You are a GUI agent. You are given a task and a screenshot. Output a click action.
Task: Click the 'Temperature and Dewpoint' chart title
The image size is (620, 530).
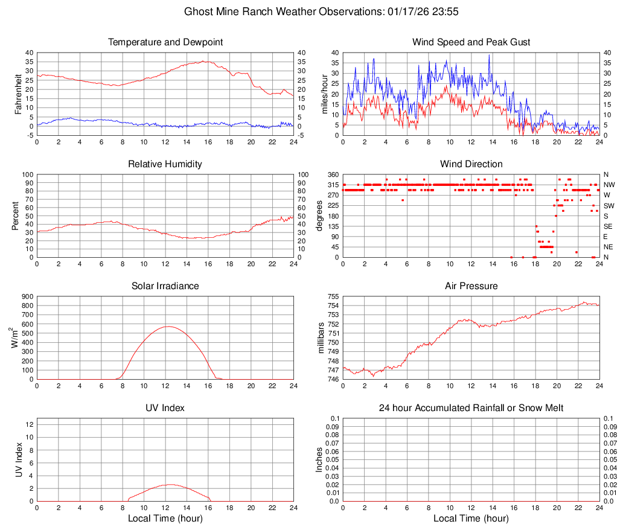tap(165, 42)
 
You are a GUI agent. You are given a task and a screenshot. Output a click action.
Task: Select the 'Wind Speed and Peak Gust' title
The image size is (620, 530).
tap(471, 42)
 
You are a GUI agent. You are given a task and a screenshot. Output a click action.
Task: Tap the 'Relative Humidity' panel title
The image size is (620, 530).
tap(165, 164)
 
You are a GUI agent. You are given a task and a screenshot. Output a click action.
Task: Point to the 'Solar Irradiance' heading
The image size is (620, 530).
tap(165, 286)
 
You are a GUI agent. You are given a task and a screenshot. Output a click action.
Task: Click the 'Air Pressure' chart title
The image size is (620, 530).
tap(471, 286)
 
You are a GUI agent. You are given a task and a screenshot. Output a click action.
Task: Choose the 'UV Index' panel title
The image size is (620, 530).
tap(165, 408)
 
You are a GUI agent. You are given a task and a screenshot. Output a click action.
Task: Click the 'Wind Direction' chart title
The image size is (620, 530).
tap(471, 164)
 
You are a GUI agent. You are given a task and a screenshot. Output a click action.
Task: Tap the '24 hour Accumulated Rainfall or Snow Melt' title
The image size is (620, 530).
tap(471, 408)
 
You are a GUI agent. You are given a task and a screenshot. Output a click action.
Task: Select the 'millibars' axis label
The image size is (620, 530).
tap(321, 338)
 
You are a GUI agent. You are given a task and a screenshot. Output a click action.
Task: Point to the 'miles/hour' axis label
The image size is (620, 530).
tap(325, 94)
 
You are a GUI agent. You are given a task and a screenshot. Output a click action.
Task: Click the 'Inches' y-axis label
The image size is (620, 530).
tap(321, 459)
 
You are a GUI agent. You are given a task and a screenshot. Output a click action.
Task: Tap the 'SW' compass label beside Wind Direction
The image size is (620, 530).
tap(609, 206)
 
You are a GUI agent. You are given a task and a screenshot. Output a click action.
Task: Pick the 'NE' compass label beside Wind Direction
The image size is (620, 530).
tap(609, 247)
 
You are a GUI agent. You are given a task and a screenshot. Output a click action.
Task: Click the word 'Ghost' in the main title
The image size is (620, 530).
tap(198, 11)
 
